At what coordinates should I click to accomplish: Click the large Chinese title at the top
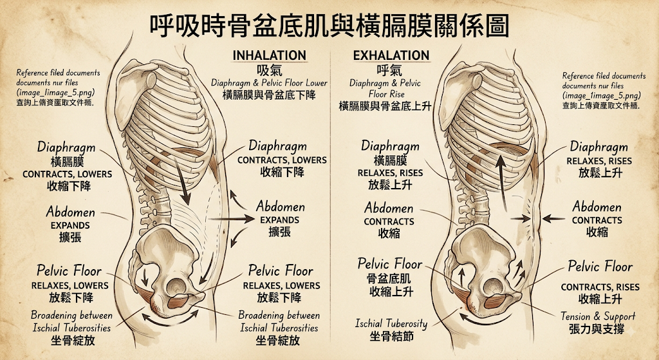click(x=329, y=26)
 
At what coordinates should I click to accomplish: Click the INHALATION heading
click(x=270, y=55)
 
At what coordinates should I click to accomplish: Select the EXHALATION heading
click(x=391, y=55)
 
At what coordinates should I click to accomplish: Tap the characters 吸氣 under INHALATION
click(x=270, y=70)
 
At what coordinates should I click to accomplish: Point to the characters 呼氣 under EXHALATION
click(x=389, y=70)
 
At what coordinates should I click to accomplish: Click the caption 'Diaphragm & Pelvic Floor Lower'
click(x=269, y=83)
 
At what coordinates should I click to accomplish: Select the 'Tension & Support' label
click(x=598, y=316)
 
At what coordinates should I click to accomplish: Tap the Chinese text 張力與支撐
click(x=597, y=329)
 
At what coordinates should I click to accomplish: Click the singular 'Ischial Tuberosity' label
click(x=391, y=323)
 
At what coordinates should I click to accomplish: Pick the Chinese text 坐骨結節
click(x=391, y=336)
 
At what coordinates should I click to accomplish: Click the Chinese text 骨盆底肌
click(x=389, y=278)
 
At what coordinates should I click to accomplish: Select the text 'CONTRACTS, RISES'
click(x=600, y=287)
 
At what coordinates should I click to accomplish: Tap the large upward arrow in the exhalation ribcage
click(x=502, y=182)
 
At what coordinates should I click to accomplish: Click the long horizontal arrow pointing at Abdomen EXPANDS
click(x=231, y=219)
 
